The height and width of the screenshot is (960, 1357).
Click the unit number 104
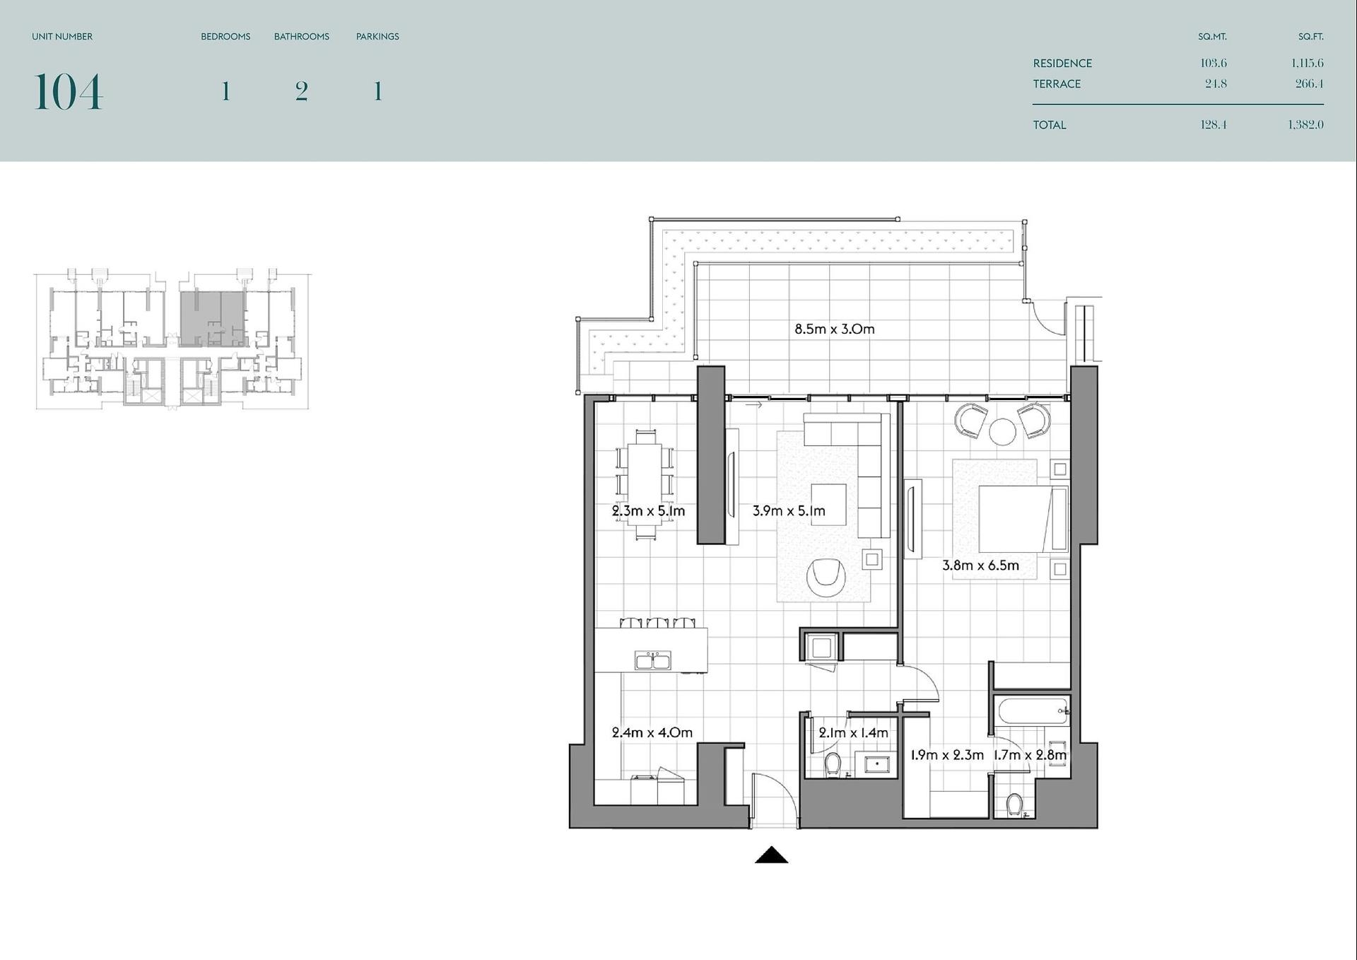pos(68,92)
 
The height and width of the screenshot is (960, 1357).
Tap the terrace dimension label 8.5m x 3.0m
pos(834,329)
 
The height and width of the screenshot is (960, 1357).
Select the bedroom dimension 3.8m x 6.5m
pos(980,566)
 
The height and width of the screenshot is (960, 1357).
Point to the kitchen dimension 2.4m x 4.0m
pos(652,732)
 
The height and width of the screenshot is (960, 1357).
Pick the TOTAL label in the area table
pos(1050,125)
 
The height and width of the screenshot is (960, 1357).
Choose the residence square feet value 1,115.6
pos(1307,63)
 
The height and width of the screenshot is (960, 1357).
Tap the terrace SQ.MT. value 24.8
pos(1216,83)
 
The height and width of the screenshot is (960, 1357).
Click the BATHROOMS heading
pos(302,37)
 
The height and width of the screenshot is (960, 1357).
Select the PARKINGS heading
pos(377,37)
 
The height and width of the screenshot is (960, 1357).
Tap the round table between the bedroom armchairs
pos(1002,432)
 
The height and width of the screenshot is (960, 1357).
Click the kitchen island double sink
pos(652,660)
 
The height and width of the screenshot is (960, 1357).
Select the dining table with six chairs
pos(645,484)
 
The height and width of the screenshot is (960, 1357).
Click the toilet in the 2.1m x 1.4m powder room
pos(833,764)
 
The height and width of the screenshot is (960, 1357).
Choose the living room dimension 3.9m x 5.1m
pos(789,510)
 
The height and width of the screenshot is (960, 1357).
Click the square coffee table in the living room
pos(828,504)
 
